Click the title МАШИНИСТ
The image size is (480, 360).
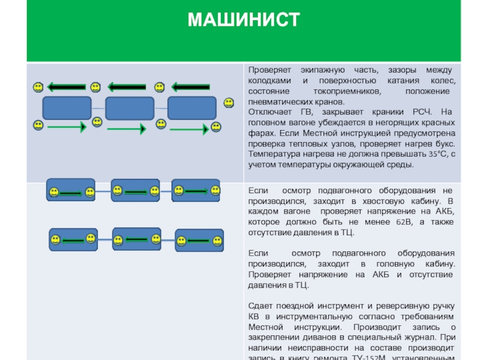click(243, 20)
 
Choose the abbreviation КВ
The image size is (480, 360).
click(254, 317)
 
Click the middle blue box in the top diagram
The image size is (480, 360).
click(130, 109)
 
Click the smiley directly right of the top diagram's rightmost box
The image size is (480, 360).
click(229, 103)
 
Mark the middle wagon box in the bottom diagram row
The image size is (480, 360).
click(137, 238)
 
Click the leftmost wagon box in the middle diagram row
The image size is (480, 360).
click(71, 190)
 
